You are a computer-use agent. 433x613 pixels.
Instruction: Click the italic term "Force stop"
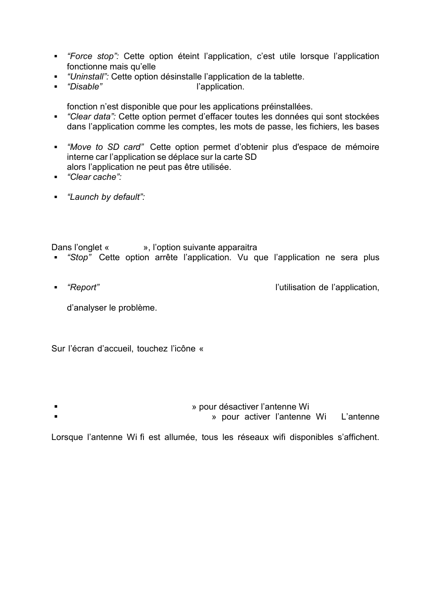pos(93,56)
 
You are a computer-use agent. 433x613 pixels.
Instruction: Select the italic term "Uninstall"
pos(88,77)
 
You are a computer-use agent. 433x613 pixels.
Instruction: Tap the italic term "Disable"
pos(84,87)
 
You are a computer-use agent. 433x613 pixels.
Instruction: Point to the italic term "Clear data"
pos(91,117)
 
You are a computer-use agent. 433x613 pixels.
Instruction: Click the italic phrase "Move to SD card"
pos(105,147)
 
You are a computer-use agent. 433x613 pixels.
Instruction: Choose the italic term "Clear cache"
pos(94,177)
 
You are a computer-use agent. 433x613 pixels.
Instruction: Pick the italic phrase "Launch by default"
pos(106,197)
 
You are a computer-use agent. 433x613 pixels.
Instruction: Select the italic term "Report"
pos(83,287)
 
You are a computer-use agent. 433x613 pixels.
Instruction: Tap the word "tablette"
pos(288,77)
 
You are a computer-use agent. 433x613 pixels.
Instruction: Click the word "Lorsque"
pos(67,437)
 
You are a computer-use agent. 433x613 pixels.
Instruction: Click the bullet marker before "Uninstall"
pos(56,77)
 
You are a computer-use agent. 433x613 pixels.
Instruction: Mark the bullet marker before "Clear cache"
pos(56,177)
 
